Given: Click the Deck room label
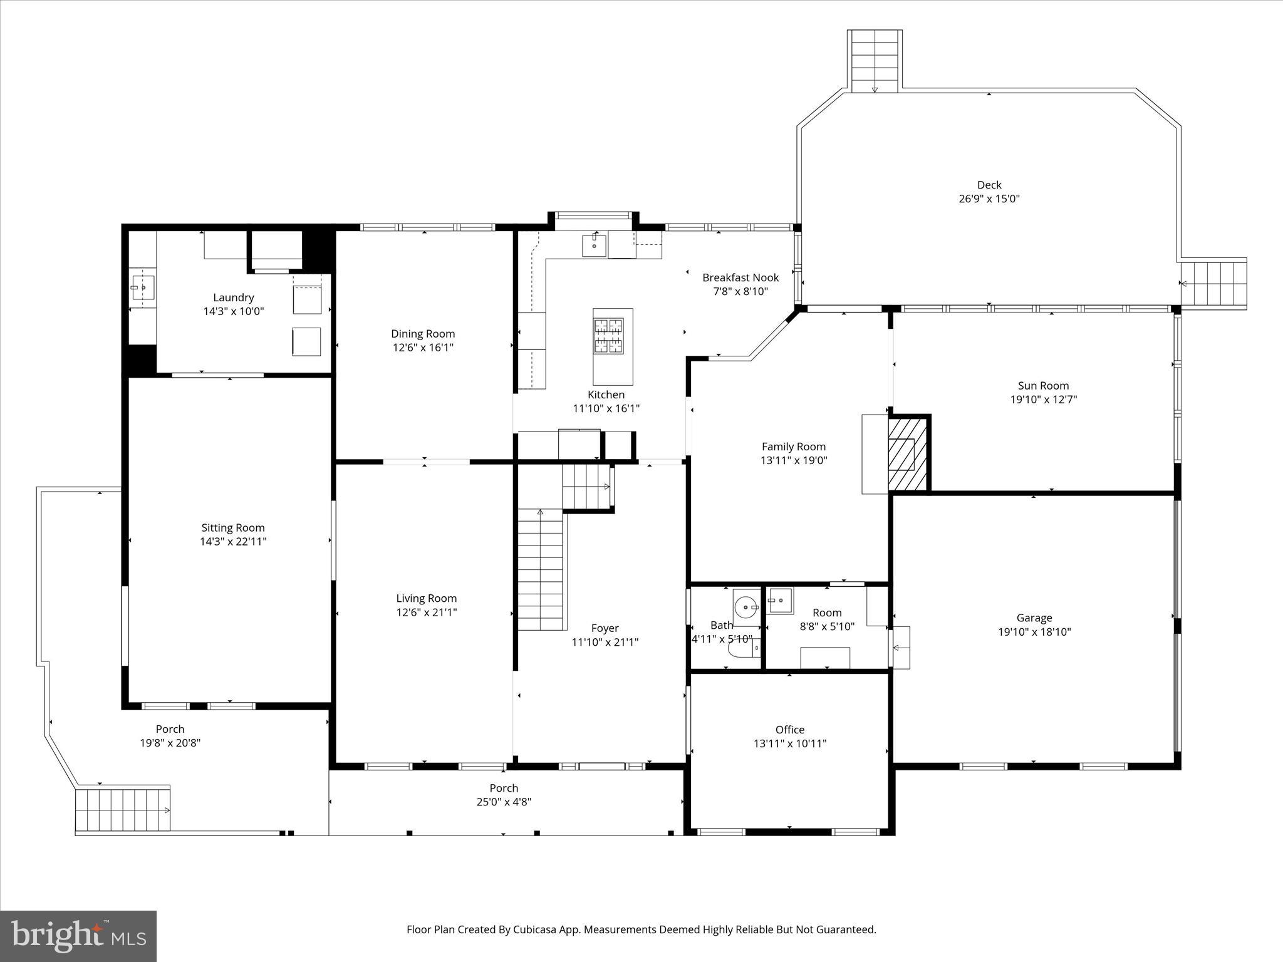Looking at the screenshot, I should [x=989, y=185].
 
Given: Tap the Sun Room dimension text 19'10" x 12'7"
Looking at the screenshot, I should [x=1043, y=400].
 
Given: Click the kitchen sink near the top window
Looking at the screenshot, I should [x=594, y=245].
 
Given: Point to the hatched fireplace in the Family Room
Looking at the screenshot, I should [x=906, y=454].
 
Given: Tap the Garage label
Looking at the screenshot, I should [x=1034, y=618].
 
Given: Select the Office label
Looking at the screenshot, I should [x=789, y=730].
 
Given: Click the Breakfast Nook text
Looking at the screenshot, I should [x=740, y=277].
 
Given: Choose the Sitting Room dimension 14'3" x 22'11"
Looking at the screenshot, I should [x=233, y=542].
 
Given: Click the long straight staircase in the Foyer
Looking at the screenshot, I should [x=540, y=570].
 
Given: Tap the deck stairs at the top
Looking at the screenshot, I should [x=875, y=61].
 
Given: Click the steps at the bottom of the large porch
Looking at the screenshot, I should [x=123, y=810].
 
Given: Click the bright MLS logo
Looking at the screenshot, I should [x=78, y=936].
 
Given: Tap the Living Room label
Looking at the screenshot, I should [x=426, y=598].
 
